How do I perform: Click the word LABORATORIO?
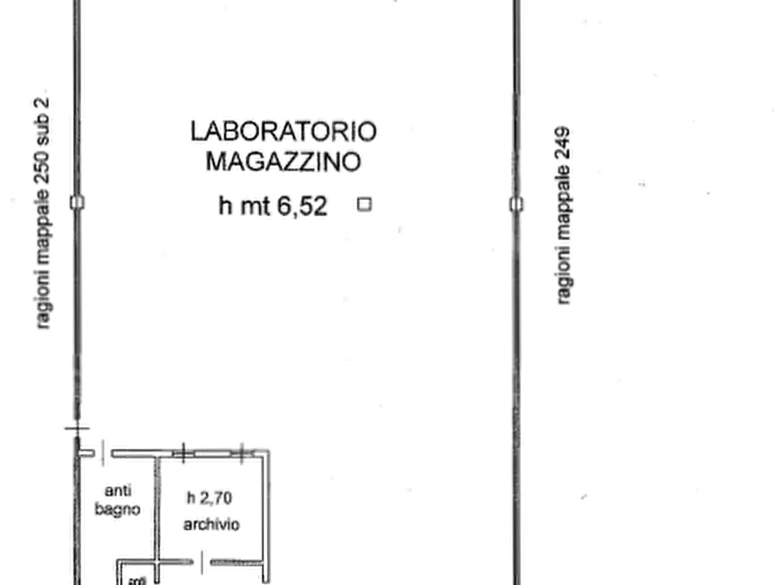282,132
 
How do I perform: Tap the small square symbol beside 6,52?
362,205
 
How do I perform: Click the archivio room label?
212,525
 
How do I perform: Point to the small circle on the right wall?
517,204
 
